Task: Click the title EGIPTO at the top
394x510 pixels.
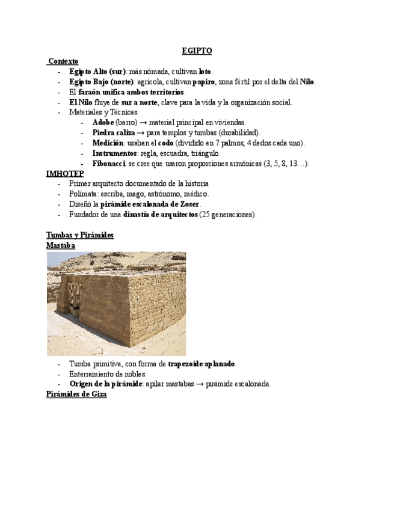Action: click(197, 52)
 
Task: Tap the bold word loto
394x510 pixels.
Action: click(205, 72)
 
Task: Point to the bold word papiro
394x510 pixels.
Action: click(203, 82)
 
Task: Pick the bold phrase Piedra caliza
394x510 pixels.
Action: click(114, 133)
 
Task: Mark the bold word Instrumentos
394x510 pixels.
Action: click(115, 153)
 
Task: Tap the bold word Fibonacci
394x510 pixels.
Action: click(109, 164)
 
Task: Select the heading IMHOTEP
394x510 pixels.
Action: click(66, 173)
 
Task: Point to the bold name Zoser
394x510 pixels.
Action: click(189, 204)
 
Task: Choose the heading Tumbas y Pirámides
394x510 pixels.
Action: click(80, 235)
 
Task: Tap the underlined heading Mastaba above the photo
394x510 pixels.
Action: click(61, 245)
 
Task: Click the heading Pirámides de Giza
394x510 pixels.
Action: click(76, 395)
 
